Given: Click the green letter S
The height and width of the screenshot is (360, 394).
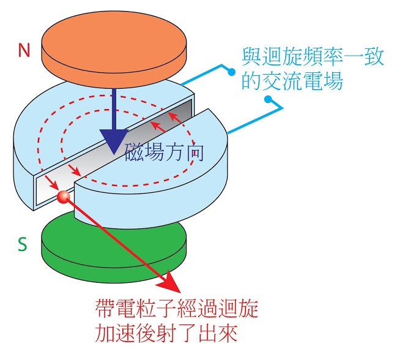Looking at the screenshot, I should click(x=23, y=244).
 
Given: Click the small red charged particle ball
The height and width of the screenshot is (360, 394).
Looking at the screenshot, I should click(x=62, y=197).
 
